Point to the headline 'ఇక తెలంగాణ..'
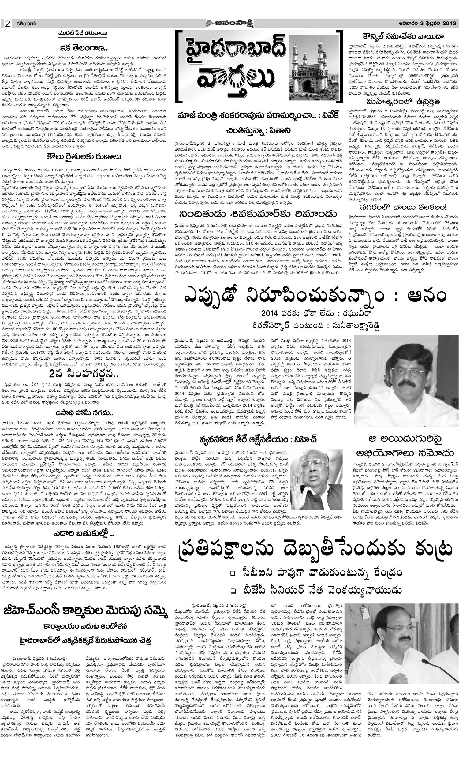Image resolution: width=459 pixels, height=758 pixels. pos(84,48)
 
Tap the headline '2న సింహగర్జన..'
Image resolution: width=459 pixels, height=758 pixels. pos(84,374)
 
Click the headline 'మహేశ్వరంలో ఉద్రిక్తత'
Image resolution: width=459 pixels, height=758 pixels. pos(403,102)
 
